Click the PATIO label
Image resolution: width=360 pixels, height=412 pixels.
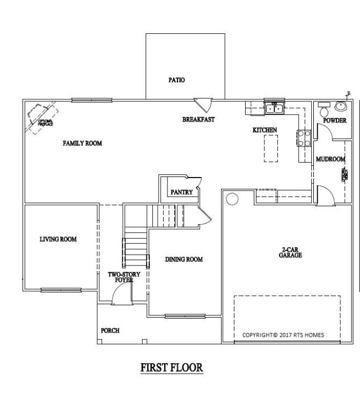click(177, 80)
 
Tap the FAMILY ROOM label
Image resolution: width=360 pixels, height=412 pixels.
click(82, 143)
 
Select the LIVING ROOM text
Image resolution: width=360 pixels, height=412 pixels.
click(58, 239)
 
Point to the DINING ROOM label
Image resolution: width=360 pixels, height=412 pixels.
click(183, 260)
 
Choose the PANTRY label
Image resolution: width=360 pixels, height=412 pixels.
click(181, 192)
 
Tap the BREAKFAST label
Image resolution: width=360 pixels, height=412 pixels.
click(198, 120)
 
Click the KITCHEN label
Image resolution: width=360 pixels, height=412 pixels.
click(265, 130)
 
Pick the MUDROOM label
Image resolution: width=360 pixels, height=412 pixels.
click(330, 159)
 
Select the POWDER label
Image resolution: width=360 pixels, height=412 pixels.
click(334, 121)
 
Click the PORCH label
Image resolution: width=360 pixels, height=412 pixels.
click(110, 330)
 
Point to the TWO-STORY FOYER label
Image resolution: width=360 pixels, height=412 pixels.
click(124, 277)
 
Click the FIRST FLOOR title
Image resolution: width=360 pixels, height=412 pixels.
click(172, 368)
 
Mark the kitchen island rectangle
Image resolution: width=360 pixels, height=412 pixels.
click(271, 148)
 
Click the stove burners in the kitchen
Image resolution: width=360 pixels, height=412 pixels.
click(302, 138)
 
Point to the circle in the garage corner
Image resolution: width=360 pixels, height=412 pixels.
click(232, 200)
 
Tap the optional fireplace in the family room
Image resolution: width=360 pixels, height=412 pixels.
click(42, 118)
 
